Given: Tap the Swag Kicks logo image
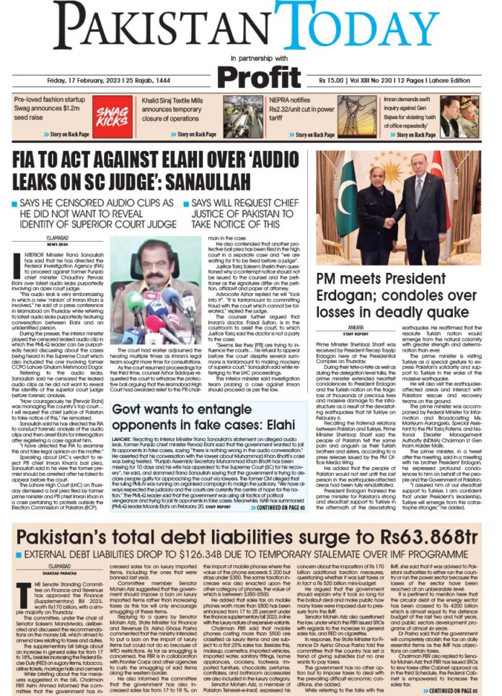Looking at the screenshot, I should pyautogui.click(x=113, y=117).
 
